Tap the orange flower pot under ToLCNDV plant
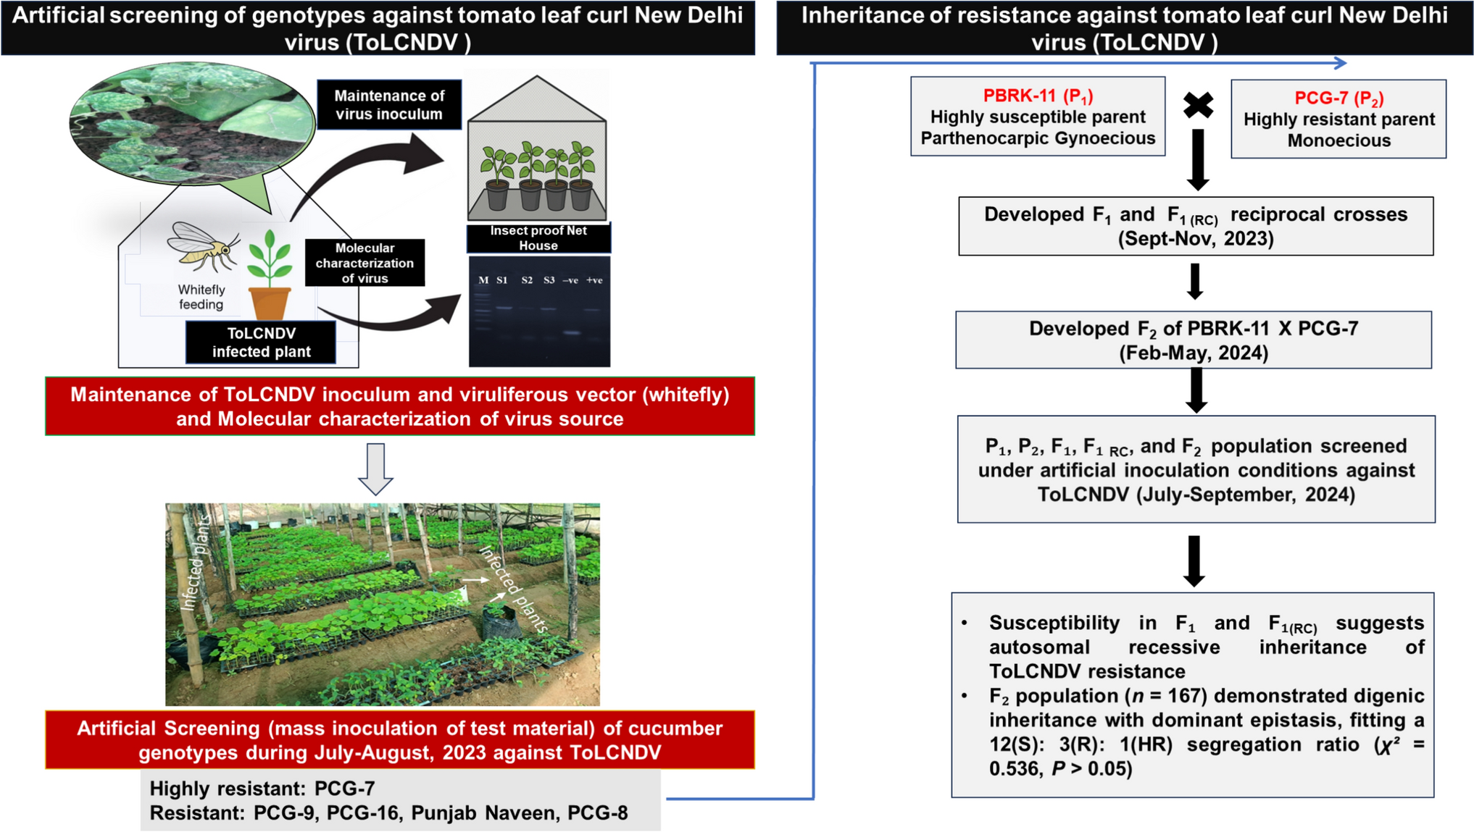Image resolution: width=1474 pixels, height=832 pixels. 269,303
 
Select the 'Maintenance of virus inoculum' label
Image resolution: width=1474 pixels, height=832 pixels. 388,105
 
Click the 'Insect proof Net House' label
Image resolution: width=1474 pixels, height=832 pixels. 538,238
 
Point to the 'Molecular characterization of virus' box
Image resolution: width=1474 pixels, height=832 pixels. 365,263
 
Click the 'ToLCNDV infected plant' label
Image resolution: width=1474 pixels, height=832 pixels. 261,343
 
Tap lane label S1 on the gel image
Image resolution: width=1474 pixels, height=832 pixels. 502,280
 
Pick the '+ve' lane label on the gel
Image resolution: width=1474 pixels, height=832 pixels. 594,280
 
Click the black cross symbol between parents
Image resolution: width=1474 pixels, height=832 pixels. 1198,106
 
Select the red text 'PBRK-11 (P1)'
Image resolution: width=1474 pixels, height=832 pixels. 1038,96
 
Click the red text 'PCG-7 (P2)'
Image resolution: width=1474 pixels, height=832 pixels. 1338,98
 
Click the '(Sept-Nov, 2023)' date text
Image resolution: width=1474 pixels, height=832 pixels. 1196,239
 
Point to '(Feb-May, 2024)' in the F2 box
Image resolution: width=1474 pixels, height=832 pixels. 1194,353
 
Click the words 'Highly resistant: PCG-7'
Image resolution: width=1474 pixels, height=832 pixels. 262,788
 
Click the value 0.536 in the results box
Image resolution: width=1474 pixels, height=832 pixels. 1014,768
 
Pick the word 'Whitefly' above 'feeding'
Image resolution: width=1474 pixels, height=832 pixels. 201,290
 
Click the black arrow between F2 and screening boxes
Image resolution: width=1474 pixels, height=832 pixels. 1196,391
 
